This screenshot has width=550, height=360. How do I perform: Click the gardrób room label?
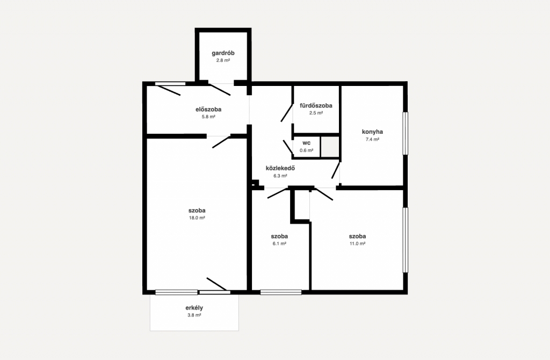click(223, 53)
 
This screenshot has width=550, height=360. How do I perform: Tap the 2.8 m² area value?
click(223, 60)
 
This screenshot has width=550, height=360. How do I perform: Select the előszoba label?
click(208, 110)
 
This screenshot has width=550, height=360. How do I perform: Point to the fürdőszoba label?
click(316, 106)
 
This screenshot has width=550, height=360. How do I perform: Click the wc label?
click(307, 143)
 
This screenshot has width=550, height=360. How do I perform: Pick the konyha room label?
click(373, 132)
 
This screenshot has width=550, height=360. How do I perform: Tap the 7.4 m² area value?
click(373, 139)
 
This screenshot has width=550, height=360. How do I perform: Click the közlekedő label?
click(280, 168)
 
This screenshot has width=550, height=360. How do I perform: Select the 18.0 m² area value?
click(197, 218)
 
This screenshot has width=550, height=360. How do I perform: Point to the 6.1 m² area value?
click(279, 243)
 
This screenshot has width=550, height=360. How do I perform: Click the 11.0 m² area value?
click(357, 243)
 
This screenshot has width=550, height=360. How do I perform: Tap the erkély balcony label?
click(194, 308)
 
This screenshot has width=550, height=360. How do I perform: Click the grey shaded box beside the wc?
click(330, 147)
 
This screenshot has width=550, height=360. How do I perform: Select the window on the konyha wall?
click(405, 133)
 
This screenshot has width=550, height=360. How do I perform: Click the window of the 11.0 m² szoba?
click(405, 240)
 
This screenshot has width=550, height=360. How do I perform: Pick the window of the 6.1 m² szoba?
click(281, 292)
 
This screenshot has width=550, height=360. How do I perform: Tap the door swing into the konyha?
click(336, 170)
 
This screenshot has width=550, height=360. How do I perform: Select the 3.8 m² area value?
click(194, 315)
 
